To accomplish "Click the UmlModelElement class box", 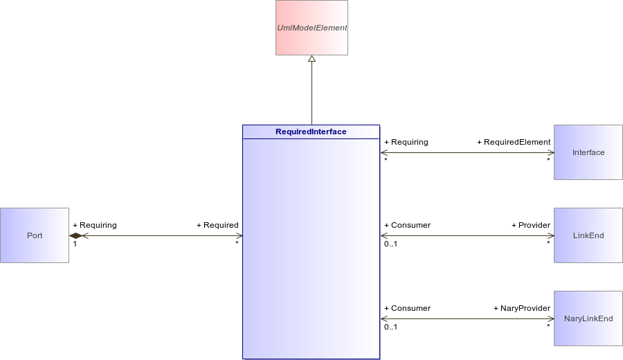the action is click(312, 28).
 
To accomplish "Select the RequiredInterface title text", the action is click(311, 132).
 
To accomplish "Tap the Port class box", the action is click(35, 235).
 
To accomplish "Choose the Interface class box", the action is click(588, 152).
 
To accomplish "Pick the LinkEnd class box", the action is click(588, 235).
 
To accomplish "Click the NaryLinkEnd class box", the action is click(588, 318).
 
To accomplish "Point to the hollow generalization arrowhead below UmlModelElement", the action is click(312, 59).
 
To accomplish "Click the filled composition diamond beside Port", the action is click(75, 235).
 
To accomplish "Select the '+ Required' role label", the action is click(218, 225).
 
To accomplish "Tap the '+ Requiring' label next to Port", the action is click(95, 225).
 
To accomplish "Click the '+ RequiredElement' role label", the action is click(514, 142).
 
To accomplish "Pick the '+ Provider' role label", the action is click(531, 225).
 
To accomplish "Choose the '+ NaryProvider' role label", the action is click(522, 308).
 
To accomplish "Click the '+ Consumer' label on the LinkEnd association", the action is click(407, 225).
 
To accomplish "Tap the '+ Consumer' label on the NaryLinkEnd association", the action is click(407, 308).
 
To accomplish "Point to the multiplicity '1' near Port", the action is click(75, 244).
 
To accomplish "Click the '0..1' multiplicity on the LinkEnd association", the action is click(390, 244).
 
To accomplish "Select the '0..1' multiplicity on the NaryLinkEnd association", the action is click(390, 327).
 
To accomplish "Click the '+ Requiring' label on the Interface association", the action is click(406, 142).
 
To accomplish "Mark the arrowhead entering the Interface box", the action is click(551, 152).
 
